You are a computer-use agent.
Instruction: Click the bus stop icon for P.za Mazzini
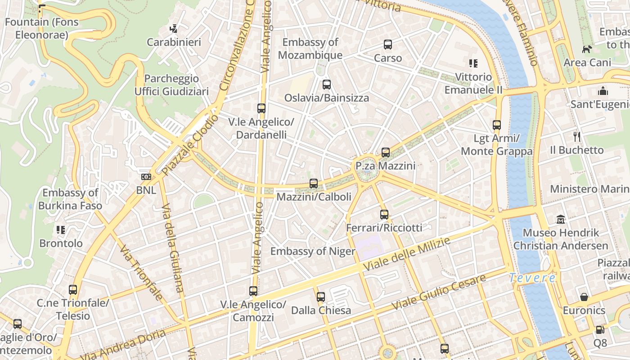[386, 153]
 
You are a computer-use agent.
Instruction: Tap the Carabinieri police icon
[174, 29]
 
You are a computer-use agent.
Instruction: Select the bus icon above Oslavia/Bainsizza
[327, 84]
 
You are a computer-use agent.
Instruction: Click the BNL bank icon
[146, 177]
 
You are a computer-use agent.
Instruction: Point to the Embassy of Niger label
[313, 251]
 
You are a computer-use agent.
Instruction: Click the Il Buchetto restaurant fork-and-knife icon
[577, 136]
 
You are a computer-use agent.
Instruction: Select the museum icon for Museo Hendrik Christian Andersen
[561, 220]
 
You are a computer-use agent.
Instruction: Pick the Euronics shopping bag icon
[584, 297]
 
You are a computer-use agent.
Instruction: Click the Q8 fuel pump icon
[600, 330]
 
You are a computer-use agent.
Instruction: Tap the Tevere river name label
[532, 278]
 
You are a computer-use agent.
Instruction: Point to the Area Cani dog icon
[587, 49]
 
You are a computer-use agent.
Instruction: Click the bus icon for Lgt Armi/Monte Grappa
[497, 125]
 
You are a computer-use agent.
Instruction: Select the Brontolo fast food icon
[61, 230]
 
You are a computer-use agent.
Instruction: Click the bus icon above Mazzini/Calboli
[314, 184]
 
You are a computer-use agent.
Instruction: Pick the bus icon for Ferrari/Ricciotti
[384, 215]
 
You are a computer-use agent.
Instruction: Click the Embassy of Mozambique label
[310, 49]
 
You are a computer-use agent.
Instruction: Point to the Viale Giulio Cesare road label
[438, 292]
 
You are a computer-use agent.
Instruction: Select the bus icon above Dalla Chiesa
[321, 297]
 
